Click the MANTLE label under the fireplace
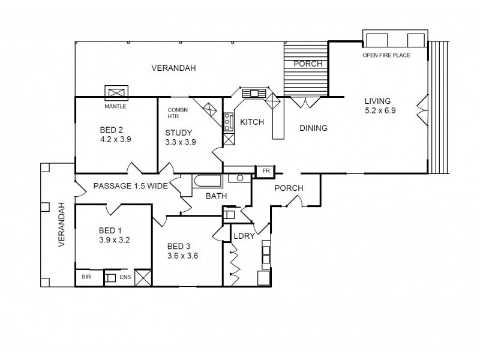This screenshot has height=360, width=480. click(115, 106)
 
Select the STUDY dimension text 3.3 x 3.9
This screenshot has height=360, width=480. click(181, 142)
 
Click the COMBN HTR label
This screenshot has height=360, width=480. click(178, 113)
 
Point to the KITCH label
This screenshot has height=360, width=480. click(252, 122)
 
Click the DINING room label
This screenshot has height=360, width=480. click(314, 128)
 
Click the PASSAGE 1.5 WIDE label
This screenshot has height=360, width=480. click(130, 187)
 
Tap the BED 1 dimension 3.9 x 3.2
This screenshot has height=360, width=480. click(114, 240)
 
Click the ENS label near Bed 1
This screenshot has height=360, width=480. click(125, 278)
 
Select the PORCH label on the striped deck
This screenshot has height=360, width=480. click(308, 64)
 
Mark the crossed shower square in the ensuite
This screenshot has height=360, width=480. click(143, 278)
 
